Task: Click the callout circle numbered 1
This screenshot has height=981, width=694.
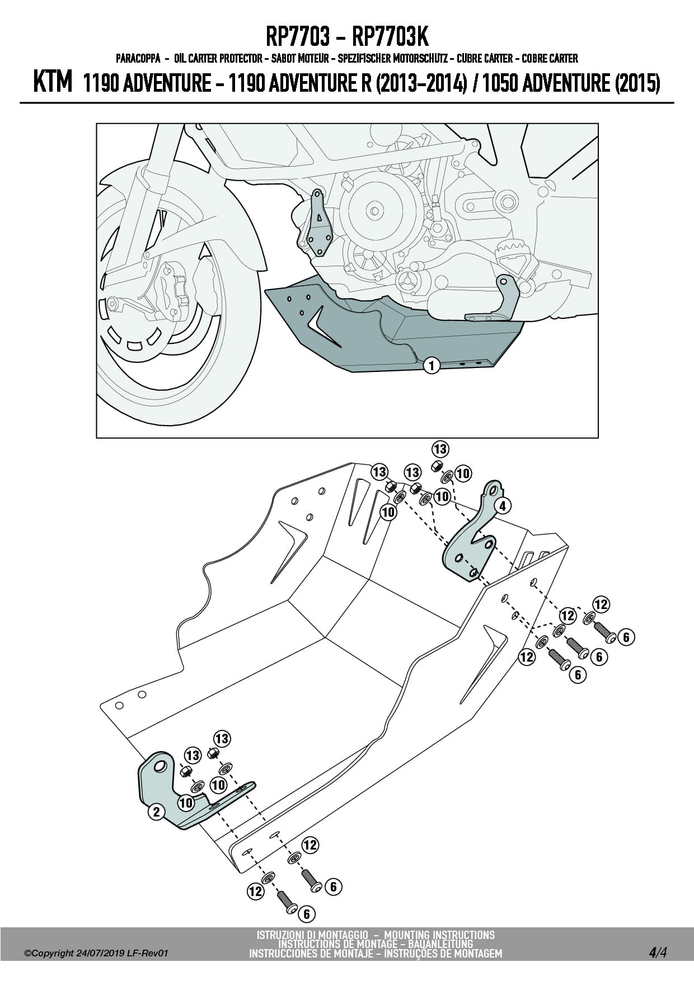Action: click(x=432, y=365)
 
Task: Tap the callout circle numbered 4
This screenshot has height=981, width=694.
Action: click(x=502, y=506)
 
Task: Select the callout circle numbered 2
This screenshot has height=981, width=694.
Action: click(x=156, y=812)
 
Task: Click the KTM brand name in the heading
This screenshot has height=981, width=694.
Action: click(x=53, y=82)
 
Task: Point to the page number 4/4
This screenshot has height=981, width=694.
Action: click(x=658, y=952)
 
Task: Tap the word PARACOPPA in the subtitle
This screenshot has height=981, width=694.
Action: click(x=138, y=58)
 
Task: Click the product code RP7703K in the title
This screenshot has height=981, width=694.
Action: click(x=391, y=37)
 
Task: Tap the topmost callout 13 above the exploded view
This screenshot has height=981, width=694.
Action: click(x=440, y=449)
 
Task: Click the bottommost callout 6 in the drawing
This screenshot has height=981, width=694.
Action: click(x=306, y=914)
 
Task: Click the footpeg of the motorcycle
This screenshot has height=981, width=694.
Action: click(x=515, y=261)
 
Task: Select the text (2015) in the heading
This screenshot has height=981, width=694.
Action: click(x=637, y=83)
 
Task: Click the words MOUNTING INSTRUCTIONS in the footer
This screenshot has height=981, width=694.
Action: click(x=439, y=935)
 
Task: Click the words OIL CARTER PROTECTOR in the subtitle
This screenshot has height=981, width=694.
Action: click(x=218, y=58)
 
